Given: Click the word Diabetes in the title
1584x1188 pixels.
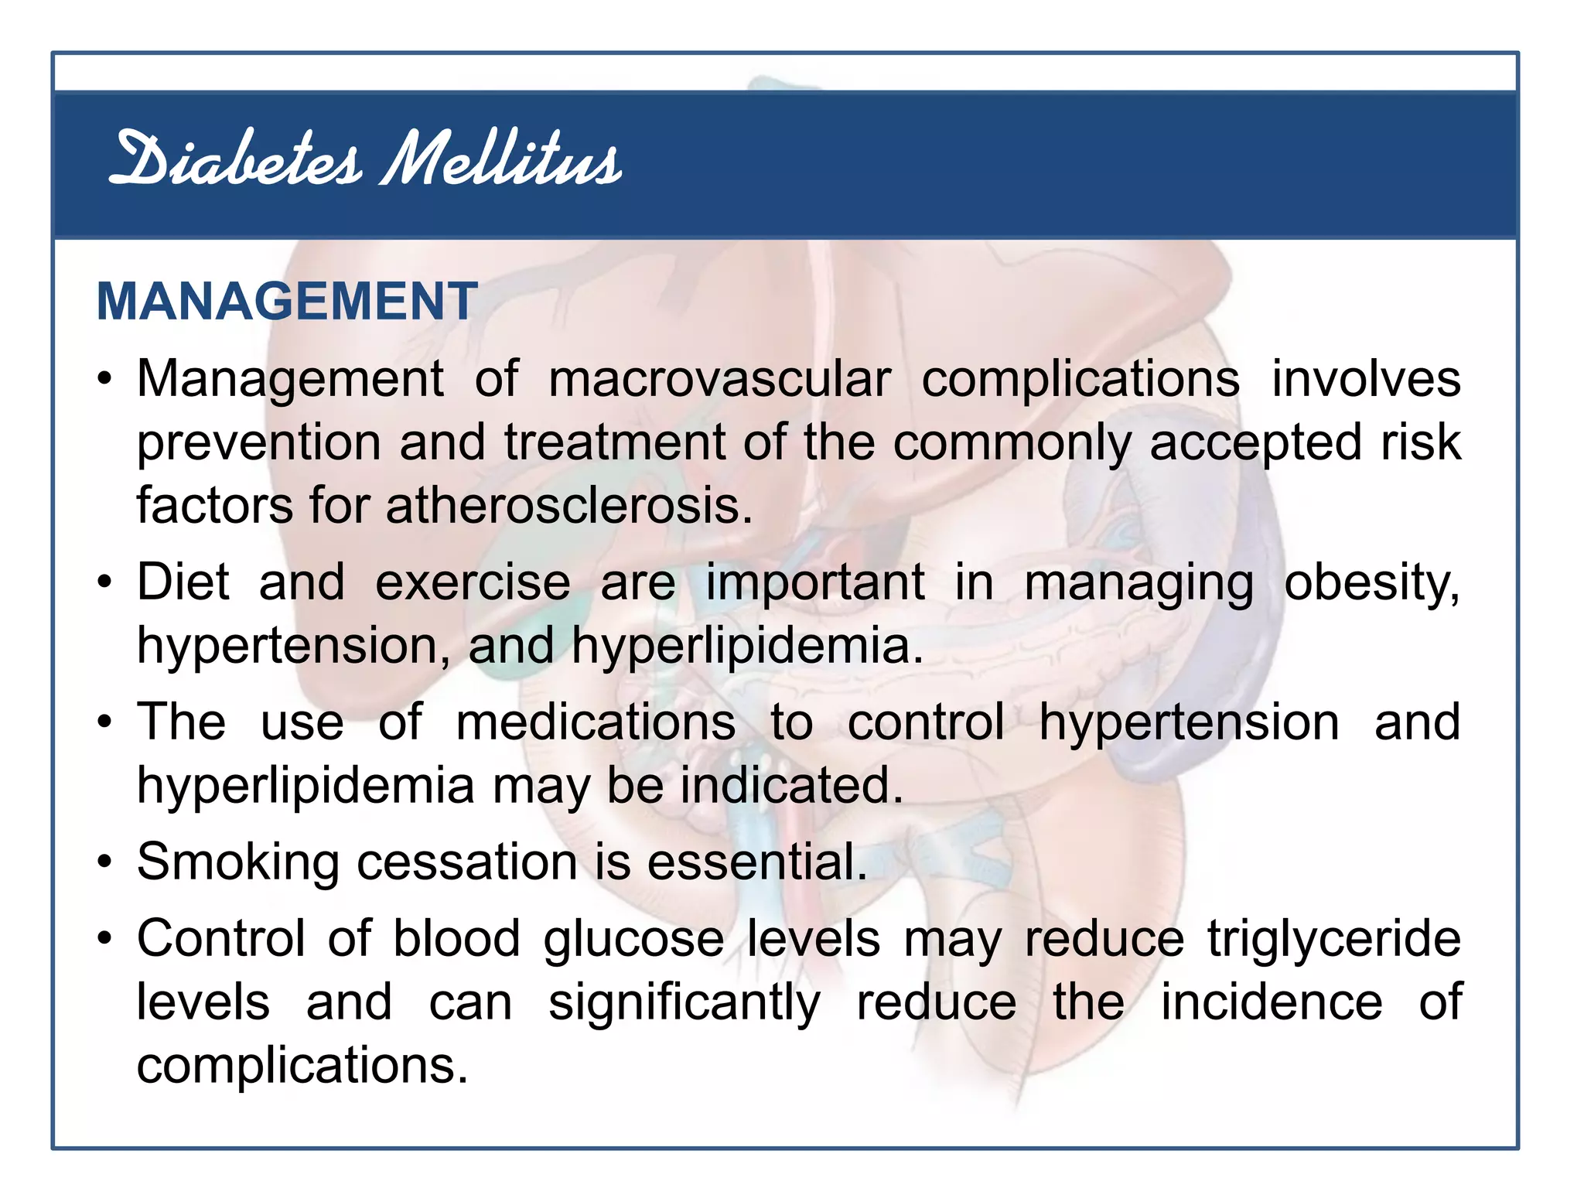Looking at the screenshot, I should coord(236,160).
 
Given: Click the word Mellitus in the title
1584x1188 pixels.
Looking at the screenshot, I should coord(500,160).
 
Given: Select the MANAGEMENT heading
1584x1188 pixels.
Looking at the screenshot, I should coord(286,301).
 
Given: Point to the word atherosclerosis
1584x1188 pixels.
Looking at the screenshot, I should coord(568,507).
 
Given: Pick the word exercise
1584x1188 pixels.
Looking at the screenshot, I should coord(473,582).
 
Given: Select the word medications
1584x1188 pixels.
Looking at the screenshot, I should coord(596,723).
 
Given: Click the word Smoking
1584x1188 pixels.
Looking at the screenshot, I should coord(237,862).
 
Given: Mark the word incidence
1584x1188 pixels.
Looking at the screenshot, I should coord(1271,1003).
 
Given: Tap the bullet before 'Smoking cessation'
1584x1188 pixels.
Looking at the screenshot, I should coord(105,862).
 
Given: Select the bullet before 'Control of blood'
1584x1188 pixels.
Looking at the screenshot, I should coord(105,940).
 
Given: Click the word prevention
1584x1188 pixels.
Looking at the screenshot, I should coord(259,443).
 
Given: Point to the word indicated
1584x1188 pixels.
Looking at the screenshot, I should coord(791,787).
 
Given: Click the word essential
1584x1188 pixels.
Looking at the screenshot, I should coord(756,862).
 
